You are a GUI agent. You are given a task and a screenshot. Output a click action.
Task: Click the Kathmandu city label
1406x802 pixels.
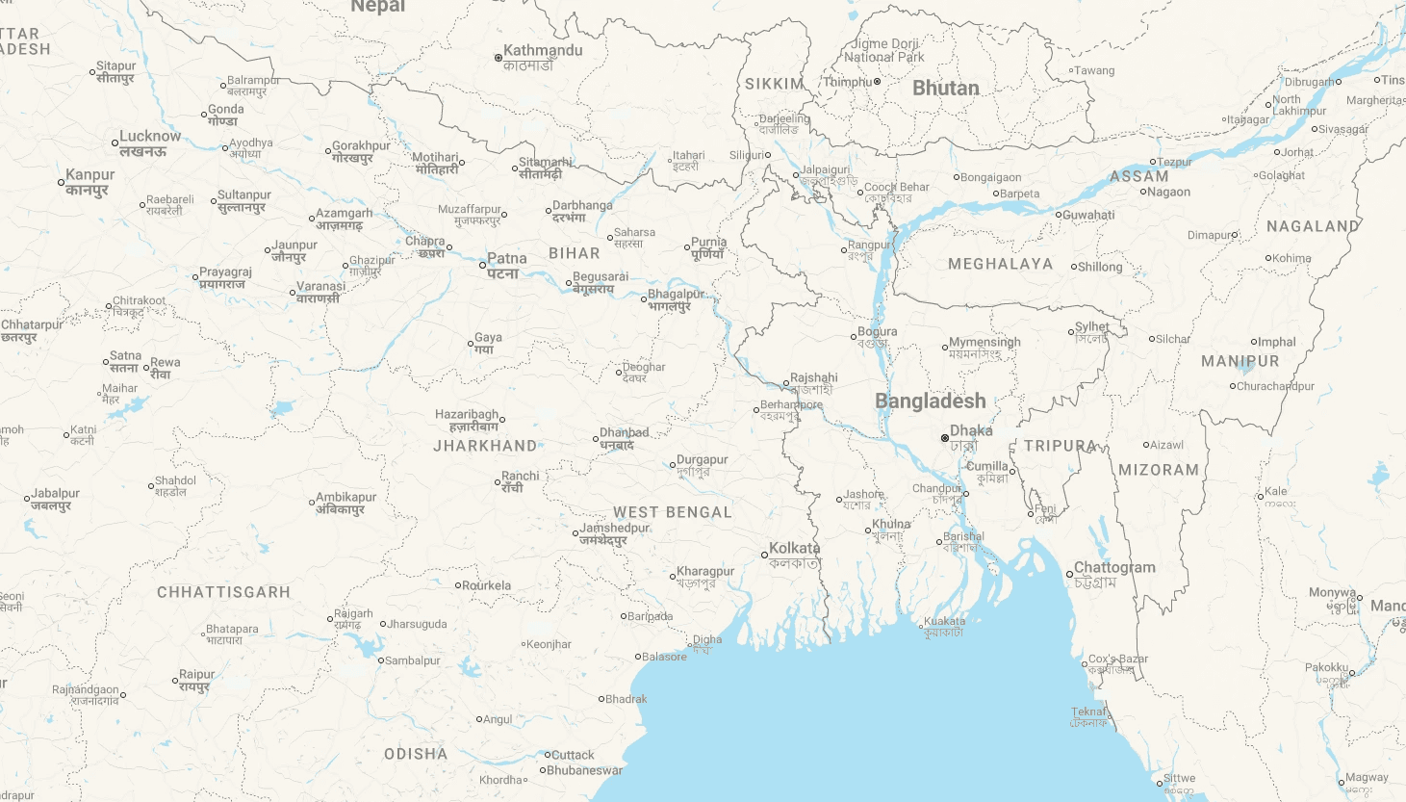coord(543,51)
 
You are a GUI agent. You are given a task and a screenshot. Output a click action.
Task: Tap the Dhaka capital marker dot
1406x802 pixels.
coord(945,438)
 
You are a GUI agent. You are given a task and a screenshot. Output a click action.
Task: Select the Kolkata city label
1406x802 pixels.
coord(794,548)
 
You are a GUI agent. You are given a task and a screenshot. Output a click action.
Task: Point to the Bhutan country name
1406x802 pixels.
coord(945,89)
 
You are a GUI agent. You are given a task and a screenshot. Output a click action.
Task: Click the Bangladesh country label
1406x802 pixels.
coord(930,401)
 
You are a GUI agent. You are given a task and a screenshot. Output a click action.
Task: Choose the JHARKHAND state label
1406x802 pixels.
coord(485,446)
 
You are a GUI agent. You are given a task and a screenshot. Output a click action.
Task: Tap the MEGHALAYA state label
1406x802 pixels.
coord(1000,264)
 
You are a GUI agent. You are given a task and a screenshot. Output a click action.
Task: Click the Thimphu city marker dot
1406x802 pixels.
coord(877,82)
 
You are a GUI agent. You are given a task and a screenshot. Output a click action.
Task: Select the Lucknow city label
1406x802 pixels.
coord(150,137)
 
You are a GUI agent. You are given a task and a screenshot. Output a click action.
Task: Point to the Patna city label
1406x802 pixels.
coord(506,259)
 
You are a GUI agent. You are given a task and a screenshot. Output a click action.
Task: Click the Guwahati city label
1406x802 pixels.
coord(1088,215)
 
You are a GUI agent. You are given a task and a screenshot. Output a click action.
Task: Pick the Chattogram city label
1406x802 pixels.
coord(1114,568)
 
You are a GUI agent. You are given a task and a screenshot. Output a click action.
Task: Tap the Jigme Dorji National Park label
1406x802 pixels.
coord(883,51)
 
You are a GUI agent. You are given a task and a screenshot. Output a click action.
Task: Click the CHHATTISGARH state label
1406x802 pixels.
coord(223,592)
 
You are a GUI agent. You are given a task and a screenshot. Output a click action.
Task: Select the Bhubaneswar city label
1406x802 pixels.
coord(584,770)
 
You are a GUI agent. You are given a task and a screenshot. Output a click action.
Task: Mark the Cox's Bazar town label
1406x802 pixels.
coord(1117,660)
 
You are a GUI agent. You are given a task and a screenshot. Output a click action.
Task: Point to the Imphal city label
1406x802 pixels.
coord(1277,342)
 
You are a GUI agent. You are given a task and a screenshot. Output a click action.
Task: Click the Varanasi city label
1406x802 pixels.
coord(320,287)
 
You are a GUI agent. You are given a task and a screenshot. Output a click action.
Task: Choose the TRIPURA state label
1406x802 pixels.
coord(1060,446)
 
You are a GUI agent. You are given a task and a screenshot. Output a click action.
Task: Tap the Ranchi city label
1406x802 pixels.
coord(520,477)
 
